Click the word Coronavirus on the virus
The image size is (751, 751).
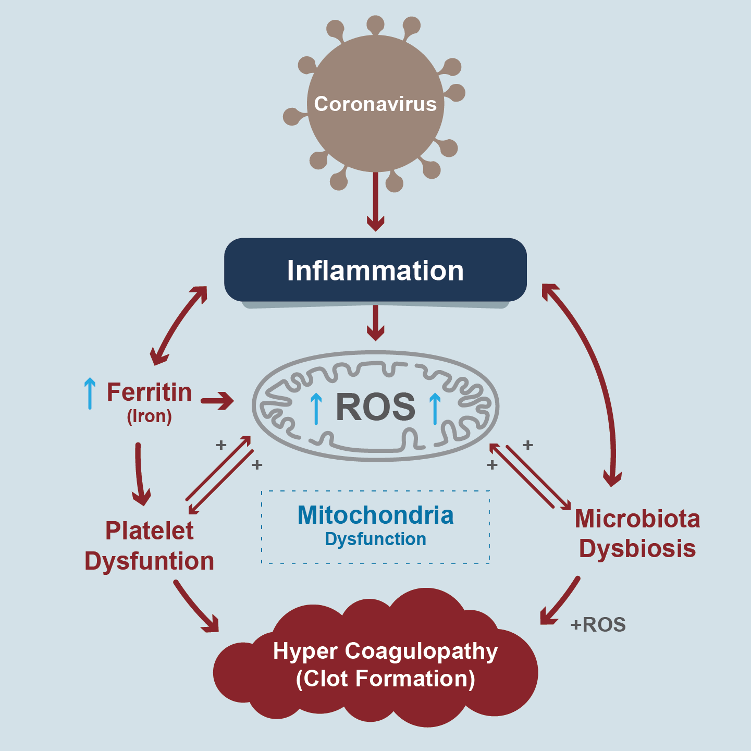pos(375,104)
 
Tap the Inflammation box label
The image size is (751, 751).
pos(375,271)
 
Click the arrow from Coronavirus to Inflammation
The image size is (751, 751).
pos(375,203)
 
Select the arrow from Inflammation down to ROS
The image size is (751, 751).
pos(375,323)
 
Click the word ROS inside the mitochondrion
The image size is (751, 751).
pos(375,407)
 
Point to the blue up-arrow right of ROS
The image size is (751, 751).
pos(435,409)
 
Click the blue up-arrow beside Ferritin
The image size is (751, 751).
pos(90,393)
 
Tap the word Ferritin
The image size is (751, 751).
pos(149,392)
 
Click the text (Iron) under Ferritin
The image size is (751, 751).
pos(149,416)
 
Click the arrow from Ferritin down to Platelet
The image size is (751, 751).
pos(139,474)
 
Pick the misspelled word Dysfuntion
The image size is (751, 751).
pos(149,561)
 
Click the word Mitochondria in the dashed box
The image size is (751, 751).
pos(375,515)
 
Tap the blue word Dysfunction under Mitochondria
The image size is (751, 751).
pos(375,539)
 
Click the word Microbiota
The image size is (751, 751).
pos(637,519)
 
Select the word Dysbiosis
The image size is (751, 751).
pos(637,549)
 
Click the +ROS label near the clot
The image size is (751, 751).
pos(598,624)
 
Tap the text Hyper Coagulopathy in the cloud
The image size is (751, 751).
pos(385,651)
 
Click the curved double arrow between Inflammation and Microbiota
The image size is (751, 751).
pos(599,380)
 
